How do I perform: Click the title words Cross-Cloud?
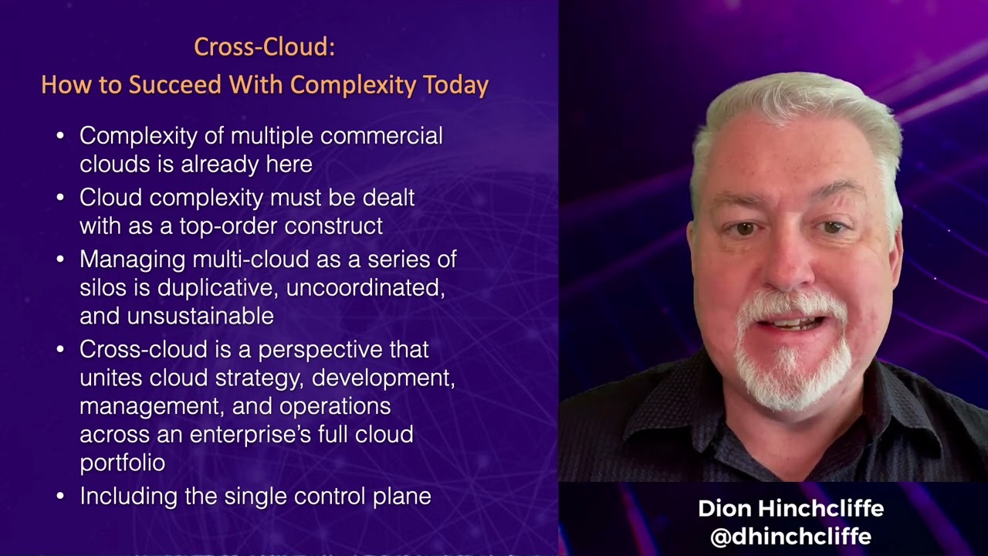pos(264,47)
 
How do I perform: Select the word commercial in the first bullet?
pos(381,136)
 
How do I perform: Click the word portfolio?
pos(122,463)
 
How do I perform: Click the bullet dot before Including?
pos(61,497)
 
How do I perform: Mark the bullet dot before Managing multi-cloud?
pos(61,260)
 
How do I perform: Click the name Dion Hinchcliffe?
pos(790,508)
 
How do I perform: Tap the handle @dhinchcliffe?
pos(790,537)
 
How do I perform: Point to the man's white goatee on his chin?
pos(791,371)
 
